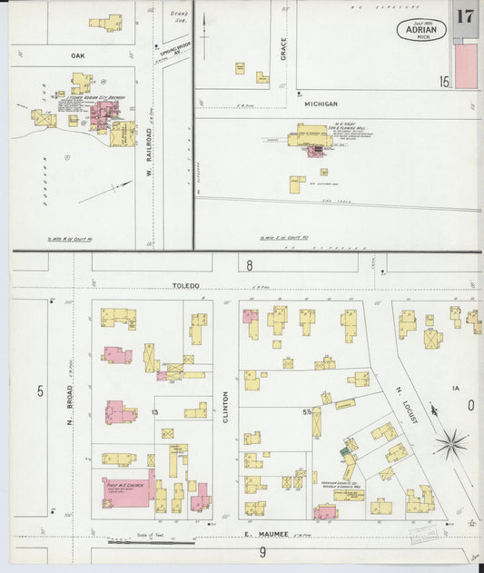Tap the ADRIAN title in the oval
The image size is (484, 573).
pyautogui.click(x=420, y=30)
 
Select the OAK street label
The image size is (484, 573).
pyautogui.click(x=77, y=55)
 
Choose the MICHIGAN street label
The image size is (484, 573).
pyautogui.click(x=321, y=104)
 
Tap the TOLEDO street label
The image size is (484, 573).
pyautogui.click(x=185, y=285)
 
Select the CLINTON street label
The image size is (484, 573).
pyautogui.click(x=225, y=406)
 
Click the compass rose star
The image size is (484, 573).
pyautogui.click(x=449, y=444)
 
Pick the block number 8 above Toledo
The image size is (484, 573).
pyautogui.click(x=249, y=265)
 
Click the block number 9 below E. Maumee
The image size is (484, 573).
pyautogui.click(x=262, y=551)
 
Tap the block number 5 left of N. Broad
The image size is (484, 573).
pyautogui.click(x=40, y=390)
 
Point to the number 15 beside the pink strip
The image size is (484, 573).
pyautogui.click(x=444, y=82)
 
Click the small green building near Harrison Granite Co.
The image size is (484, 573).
pyautogui.click(x=344, y=450)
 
